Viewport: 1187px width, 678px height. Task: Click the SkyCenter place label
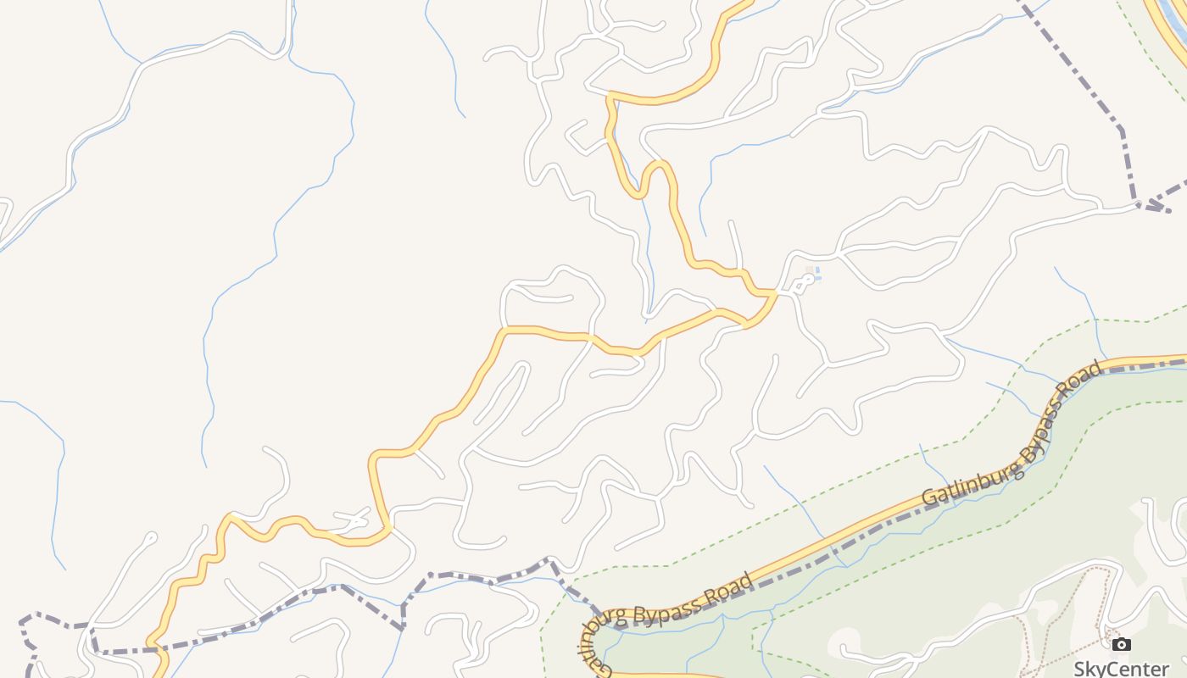click(1121, 668)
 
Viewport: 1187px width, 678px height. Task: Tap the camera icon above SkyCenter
click(1121, 645)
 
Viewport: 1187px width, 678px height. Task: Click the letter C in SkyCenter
click(1110, 668)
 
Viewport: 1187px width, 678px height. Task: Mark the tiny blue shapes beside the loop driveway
click(811, 274)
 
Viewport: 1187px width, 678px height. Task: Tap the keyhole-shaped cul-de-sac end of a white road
click(151, 536)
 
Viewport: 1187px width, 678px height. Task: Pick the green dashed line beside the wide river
click(1136, 34)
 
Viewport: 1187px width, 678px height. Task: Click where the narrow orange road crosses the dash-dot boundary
click(156, 651)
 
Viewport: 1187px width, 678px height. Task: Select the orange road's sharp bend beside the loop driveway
click(773, 293)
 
